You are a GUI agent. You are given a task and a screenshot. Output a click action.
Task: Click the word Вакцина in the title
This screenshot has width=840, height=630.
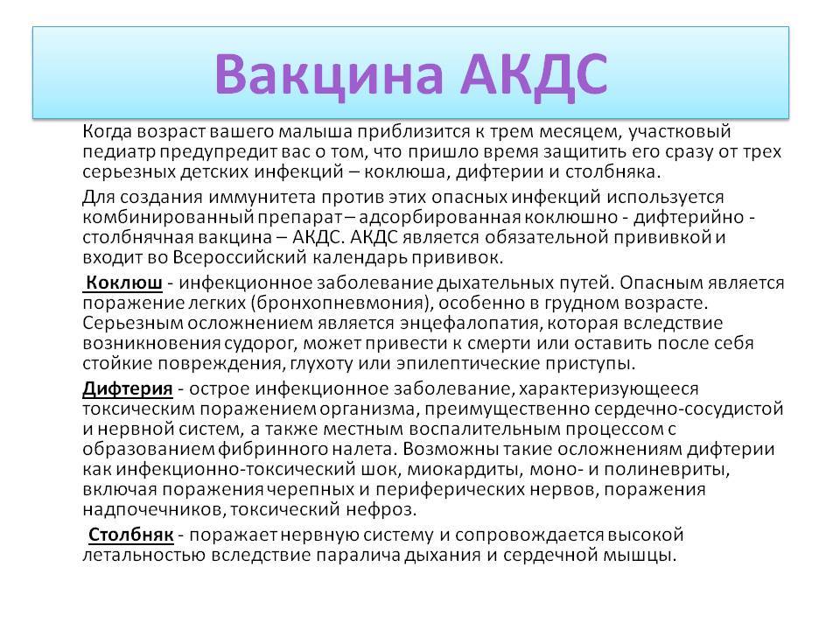click(x=330, y=74)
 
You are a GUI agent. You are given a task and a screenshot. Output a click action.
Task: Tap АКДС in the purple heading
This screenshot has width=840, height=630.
click(x=534, y=74)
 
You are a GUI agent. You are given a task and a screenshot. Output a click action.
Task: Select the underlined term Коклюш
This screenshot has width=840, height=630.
click(x=123, y=283)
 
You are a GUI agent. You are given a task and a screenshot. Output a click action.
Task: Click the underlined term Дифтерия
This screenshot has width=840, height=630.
click(x=128, y=388)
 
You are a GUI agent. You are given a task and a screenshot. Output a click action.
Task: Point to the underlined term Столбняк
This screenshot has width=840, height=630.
click(x=130, y=534)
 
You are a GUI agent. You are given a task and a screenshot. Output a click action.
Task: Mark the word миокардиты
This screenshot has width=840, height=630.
click(x=465, y=469)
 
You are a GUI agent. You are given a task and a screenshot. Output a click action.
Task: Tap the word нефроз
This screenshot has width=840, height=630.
click(x=380, y=509)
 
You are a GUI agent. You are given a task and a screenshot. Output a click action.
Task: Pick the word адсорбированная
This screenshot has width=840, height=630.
click(x=440, y=218)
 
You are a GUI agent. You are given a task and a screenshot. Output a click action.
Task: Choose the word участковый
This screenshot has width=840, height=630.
click(x=679, y=132)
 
